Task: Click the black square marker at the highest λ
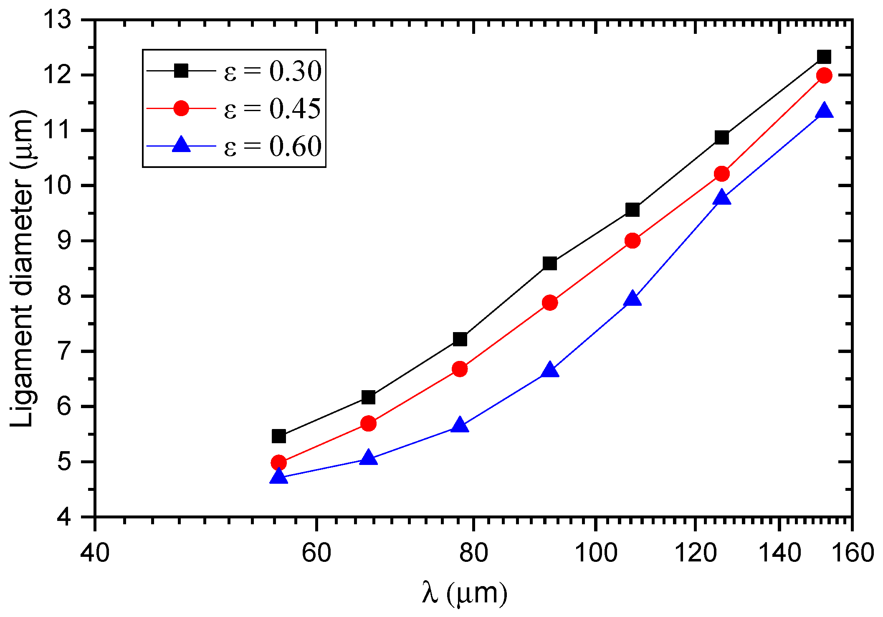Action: tap(824, 56)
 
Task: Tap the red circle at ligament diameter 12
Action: tap(824, 75)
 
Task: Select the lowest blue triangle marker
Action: tap(278, 477)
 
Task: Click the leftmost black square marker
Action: tap(278, 436)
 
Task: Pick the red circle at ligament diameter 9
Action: tap(633, 241)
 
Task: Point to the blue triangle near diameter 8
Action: tap(633, 299)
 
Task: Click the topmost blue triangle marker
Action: tap(824, 111)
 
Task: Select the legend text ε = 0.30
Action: tap(272, 71)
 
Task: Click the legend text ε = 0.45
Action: tap(272, 109)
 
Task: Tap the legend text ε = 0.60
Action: tap(272, 146)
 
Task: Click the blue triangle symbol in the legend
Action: tap(181, 145)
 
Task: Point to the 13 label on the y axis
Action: tap(58, 20)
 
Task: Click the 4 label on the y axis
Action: tap(65, 517)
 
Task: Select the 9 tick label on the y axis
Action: tap(65, 241)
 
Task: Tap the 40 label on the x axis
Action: tap(95, 552)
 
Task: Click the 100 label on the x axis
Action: tap(596, 552)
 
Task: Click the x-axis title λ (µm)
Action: tap(464, 593)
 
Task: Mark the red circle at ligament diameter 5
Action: tap(278, 462)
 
